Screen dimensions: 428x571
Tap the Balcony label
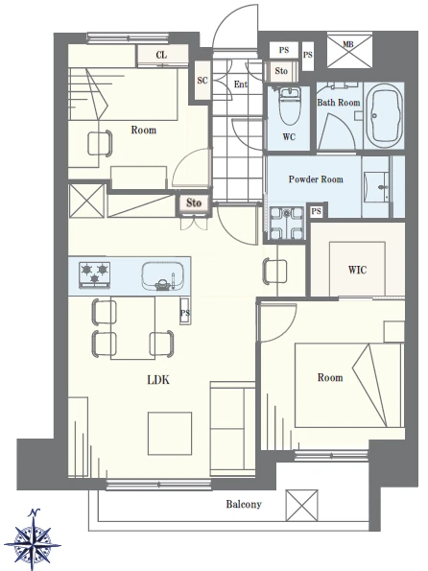click(244, 505)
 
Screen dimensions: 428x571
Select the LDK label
click(158, 380)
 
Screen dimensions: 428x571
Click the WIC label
click(357, 270)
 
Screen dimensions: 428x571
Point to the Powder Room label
click(316, 179)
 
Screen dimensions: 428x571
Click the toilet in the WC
click(289, 106)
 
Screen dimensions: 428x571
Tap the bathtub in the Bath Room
click(384, 115)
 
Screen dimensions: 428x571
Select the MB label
click(348, 44)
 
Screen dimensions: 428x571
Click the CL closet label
click(162, 55)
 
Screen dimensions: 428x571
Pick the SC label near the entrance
click(202, 80)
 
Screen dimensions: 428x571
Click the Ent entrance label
click(241, 84)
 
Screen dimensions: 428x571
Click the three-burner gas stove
click(94, 274)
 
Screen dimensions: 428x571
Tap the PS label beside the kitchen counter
click(185, 313)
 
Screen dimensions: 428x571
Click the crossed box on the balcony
click(301, 505)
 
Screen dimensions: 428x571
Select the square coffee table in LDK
click(170, 434)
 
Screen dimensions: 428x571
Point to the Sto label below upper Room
click(194, 202)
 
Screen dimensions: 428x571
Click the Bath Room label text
click(339, 103)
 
